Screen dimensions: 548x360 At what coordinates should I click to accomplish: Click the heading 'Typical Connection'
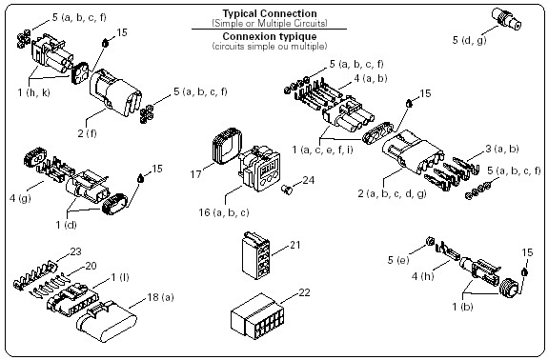tap(270, 13)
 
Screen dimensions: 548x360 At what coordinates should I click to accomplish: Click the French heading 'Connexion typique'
tap(270, 36)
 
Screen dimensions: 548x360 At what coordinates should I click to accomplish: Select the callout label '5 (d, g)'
tap(469, 40)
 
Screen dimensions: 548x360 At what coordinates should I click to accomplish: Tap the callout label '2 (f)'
tap(87, 133)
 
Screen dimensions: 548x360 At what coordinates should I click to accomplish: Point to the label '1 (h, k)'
tap(34, 92)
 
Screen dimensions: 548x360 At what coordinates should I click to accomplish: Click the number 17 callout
tap(195, 173)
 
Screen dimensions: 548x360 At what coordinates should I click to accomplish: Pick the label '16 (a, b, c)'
tap(224, 212)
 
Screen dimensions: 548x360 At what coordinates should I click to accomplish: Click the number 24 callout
tap(308, 180)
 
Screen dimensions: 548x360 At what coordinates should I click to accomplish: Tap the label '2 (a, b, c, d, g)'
tap(392, 193)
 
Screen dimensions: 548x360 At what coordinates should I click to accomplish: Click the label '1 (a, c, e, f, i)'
tap(322, 150)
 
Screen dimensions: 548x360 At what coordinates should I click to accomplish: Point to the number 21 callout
tap(295, 245)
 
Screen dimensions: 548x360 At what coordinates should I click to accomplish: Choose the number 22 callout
tap(304, 292)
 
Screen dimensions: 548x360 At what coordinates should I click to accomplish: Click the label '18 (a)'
tap(160, 297)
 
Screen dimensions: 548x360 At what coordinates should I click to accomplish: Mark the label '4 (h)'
tap(422, 276)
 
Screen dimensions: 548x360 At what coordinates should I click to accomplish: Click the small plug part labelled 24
tap(287, 190)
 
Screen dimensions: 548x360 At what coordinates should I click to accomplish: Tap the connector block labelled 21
tap(255, 255)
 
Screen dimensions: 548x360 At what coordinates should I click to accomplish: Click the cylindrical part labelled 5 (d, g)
tap(506, 18)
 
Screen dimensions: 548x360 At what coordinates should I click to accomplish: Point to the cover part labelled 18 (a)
tap(107, 322)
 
